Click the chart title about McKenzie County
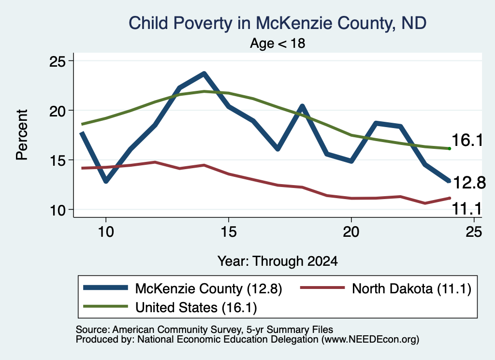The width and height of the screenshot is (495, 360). pyautogui.click(x=277, y=23)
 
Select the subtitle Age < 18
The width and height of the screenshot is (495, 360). pyautogui.click(x=277, y=43)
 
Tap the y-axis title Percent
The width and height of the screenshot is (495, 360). pyautogui.click(x=22, y=135)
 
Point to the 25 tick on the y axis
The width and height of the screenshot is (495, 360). pyautogui.click(x=57, y=61)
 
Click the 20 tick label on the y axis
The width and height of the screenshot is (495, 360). pyautogui.click(x=57, y=111)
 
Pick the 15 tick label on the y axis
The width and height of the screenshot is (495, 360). pyautogui.click(x=57, y=160)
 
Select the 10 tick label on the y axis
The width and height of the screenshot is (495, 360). pyautogui.click(x=57, y=210)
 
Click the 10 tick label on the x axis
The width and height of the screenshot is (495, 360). pyautogui.click(x=106, y=232)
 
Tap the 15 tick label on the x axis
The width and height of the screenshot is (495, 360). pyautogui.click(x=229, y=232)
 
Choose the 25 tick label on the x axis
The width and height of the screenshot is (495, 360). pyautogui.click(x=474, y=232)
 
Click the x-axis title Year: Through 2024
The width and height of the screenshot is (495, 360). pyautogui.click(x=277, y=261)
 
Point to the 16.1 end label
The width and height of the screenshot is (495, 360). pyautogui.click(x=467, y=140)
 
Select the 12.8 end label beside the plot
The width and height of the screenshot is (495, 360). pyautogui.click(x=469, y=183)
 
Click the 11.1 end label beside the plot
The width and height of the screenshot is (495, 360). pyautogui.click(x=467, y=209)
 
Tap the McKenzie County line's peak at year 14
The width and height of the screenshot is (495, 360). pyautogui.click(x=204, y=74)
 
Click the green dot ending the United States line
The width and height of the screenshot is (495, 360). pyautogui.click(x=449, y=148)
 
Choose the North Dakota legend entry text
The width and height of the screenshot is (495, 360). pyautogui.click(x=411, y=288)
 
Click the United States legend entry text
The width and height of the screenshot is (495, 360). pyautogui.click(x=196, y=308)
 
